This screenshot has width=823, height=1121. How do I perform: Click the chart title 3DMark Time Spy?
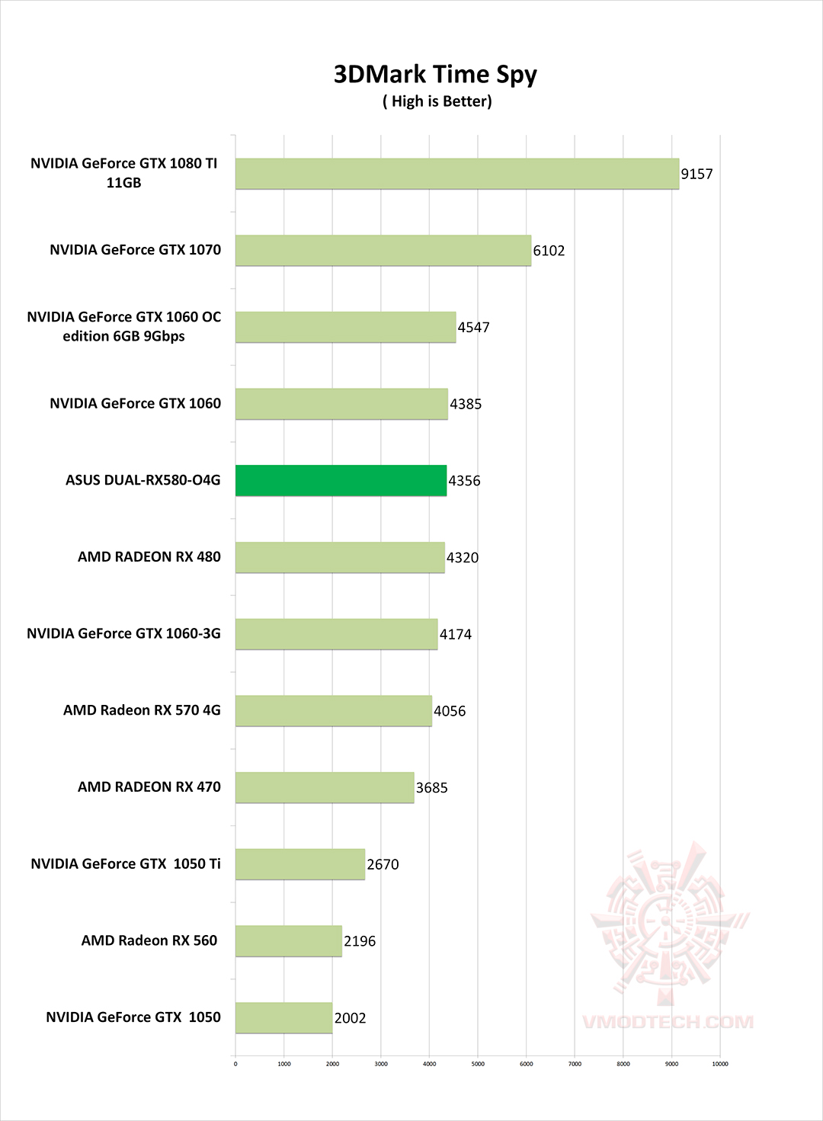tap(435, 75)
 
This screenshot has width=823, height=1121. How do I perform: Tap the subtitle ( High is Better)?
tap(437, 101)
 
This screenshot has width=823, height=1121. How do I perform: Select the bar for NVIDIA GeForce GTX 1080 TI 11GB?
tap(456, 174)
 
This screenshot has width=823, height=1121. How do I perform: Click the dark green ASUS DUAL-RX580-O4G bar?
tap(341, 481)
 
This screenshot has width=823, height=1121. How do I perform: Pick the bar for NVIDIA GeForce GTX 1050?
tap(283, 1018)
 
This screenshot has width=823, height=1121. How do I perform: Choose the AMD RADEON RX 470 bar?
tap(325, 787)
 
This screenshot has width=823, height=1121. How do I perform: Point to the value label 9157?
tap(697, 174)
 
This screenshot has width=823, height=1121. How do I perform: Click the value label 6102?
tap(549, 251)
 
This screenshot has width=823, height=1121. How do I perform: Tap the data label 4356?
tap(464, 481)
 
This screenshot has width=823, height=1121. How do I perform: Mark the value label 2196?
tap(360, 941)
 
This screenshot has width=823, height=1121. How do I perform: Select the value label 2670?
tap(383, 864)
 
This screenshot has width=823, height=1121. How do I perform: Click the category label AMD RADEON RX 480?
tap(149, 557)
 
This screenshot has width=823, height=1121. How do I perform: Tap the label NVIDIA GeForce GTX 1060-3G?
tap(123, 634)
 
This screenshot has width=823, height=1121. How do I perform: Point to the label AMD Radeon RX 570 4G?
tap(142, 710)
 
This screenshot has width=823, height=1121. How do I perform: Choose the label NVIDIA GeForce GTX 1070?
tap(136, 250)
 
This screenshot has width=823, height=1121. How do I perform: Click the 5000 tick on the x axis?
tap(478, 1064)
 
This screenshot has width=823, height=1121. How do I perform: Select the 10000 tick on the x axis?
tap(719, 1064)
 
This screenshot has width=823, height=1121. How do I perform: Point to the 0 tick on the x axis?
tap(235, 1064)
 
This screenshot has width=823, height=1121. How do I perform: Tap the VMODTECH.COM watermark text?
tap(668, 1022)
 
